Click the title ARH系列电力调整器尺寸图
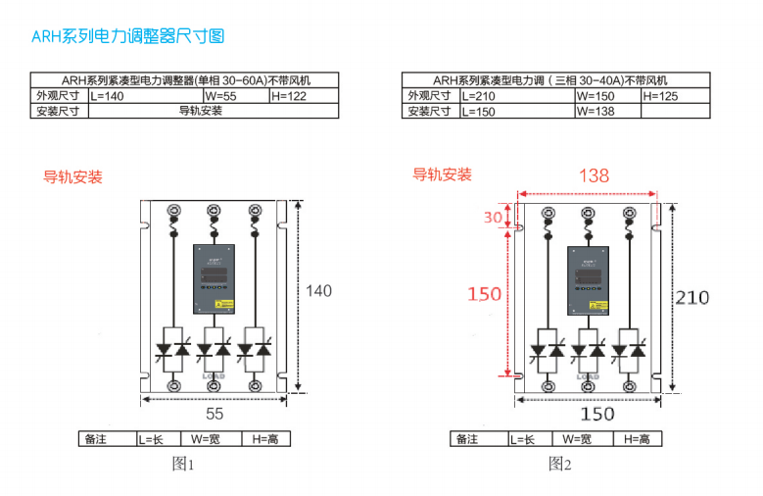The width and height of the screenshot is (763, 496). [x=128, y=37]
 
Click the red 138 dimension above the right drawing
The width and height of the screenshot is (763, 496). [x=594, y=175]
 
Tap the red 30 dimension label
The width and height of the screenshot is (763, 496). [x=493, y=217]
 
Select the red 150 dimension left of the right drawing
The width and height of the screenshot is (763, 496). [x=484, y=293]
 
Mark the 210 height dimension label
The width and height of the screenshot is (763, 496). [x=691, y=297]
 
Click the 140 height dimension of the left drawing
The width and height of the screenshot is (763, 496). [x=318, y=290]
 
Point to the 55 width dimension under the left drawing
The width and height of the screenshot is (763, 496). [x=215, y=414]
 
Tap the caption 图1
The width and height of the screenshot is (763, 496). [x=183, y=464]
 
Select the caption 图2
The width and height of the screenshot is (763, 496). [x=559, y=464]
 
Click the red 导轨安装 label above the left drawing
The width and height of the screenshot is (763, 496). [x=72, y=177]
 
